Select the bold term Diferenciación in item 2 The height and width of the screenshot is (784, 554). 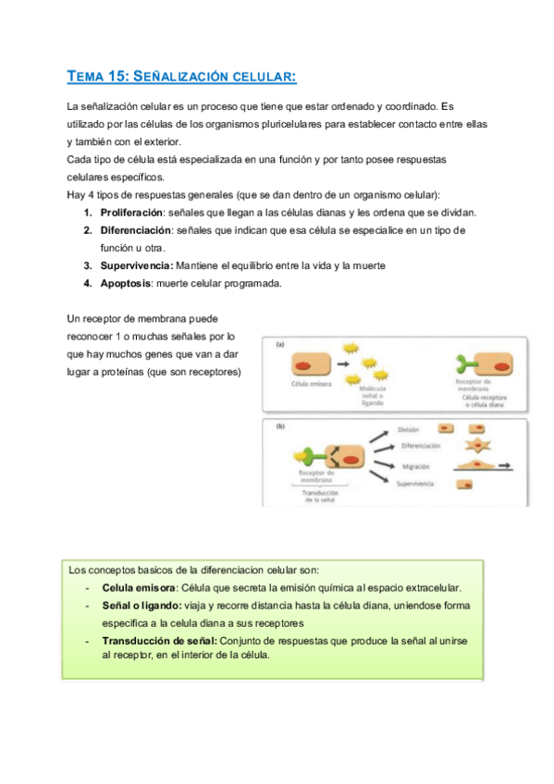click(x=137, y=229)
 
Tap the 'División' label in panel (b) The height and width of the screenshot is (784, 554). click(x=410, y=430)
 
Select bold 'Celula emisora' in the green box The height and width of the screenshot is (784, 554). click(x=140, y=588)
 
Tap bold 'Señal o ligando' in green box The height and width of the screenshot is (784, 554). click(x=143, y=606)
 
